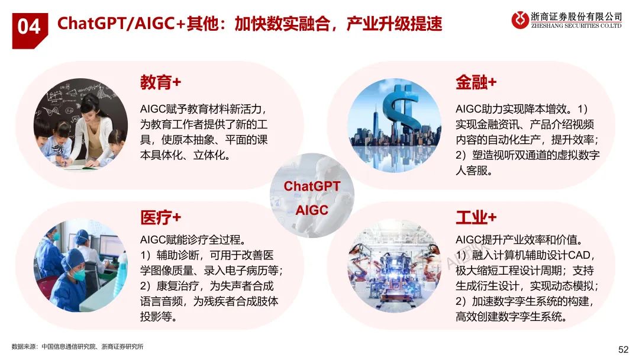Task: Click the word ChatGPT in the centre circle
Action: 312,187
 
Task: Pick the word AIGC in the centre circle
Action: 312,210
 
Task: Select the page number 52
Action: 623,349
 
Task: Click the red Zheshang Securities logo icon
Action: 521,20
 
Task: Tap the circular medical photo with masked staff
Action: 80,265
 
